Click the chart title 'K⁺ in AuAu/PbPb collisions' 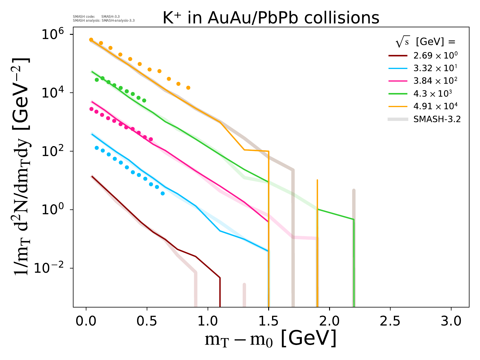pyautogui.click(x=271, y=18)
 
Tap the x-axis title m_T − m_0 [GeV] pyautogui.click(x=270, y=339)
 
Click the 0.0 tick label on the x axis pyautogui.click(x=86, y=321)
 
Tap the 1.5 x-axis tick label pyautogui.click(x=268, y=321)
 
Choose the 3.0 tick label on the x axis pyautogui.click(x=451, y=321)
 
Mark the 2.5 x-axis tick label pyautogui.click(x=390, y=321)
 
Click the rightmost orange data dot pyautogui.click(x=188, y=88)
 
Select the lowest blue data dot pyautogui.click(x=163, y=193)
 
